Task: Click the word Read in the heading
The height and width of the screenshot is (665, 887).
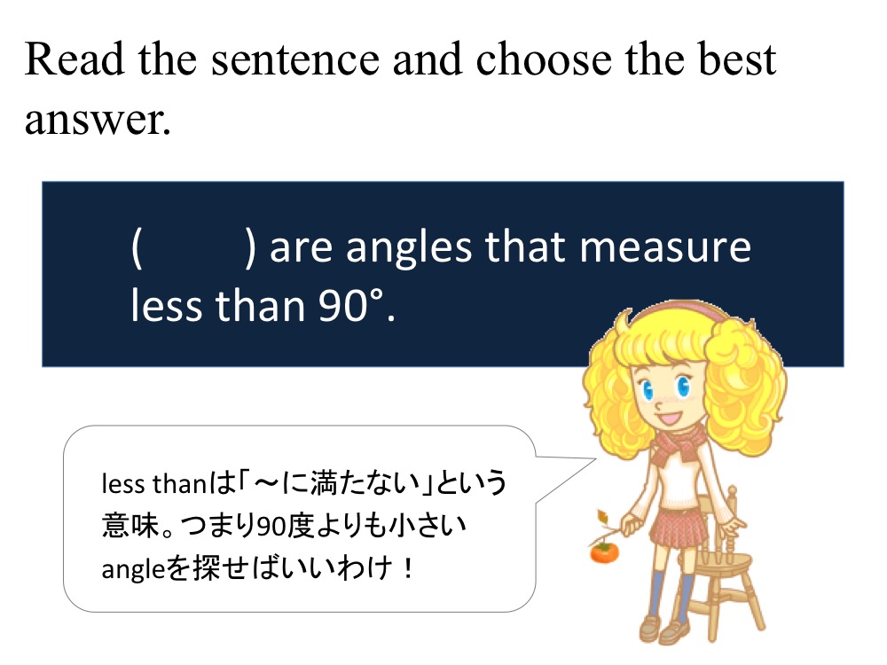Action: tap(75, 59)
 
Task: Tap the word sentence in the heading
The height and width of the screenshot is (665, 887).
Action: tap(295, 60)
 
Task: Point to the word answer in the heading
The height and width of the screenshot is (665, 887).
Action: tap(98, 121)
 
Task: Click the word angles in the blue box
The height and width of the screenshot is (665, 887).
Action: tap(408, 249)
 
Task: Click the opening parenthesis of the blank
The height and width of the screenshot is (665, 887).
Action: tap(137, 247)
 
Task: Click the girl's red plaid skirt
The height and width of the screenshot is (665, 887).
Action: tap(678, 528)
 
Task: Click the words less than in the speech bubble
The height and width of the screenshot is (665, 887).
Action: tap(153, 484)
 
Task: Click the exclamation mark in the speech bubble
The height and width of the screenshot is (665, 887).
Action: tap(408, 568)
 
